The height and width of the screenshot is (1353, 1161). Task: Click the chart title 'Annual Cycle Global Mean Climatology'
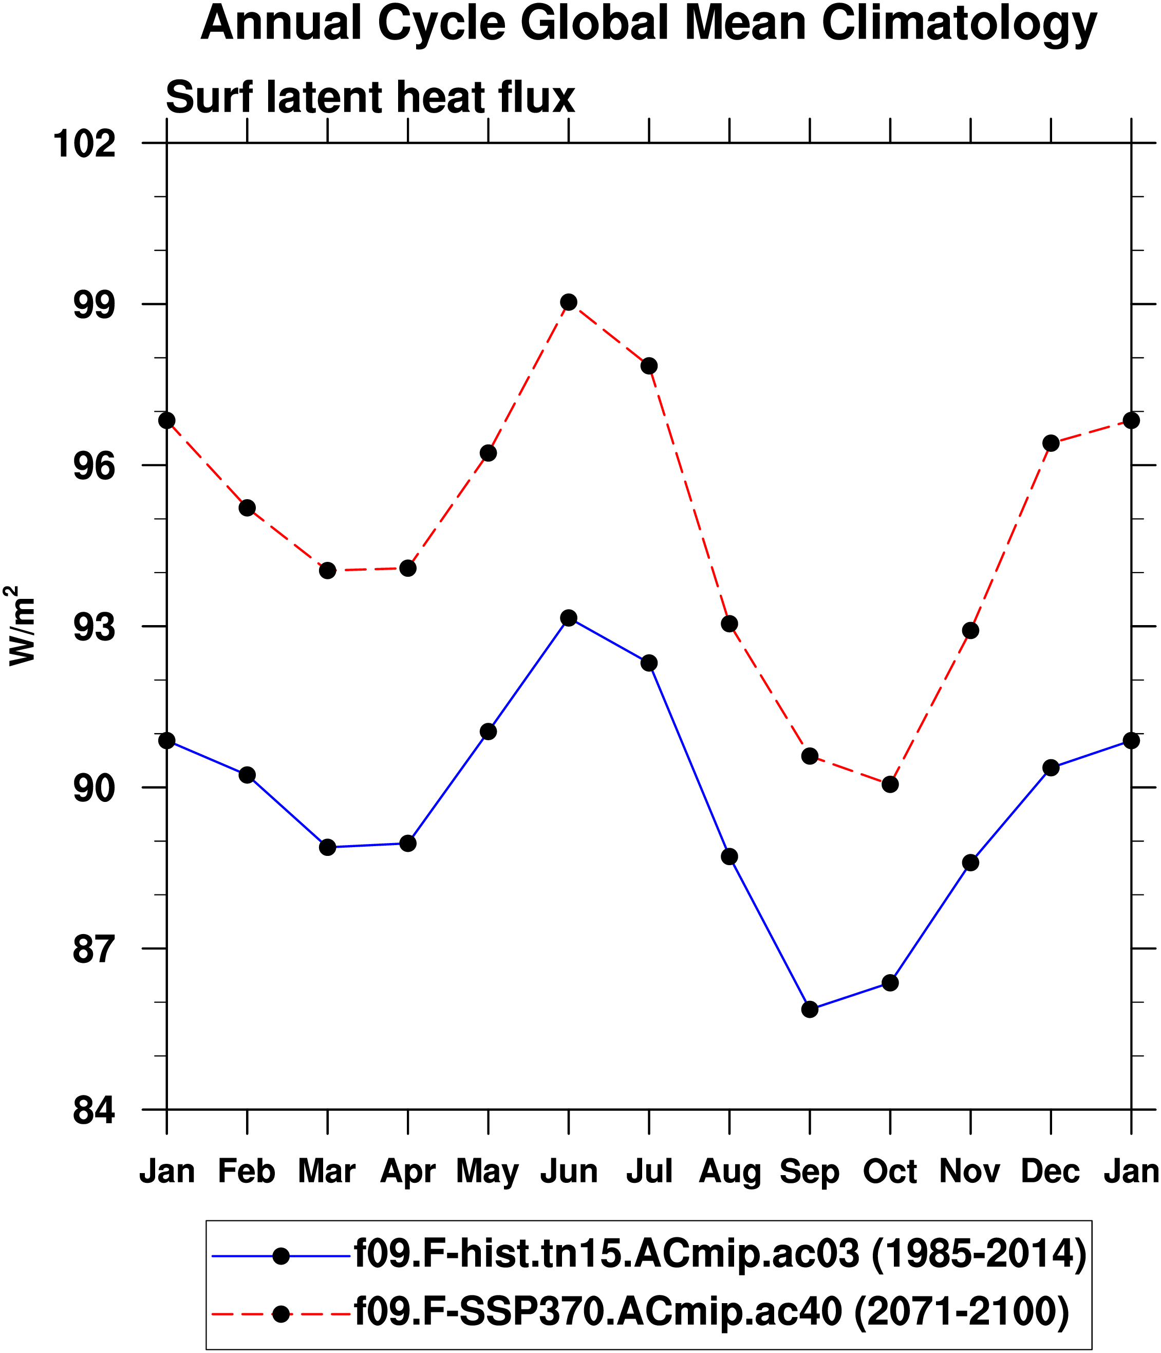[x=649, y=24]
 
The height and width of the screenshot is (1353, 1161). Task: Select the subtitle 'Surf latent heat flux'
[x=370, y=98]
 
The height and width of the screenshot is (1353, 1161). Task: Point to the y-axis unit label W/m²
[x=21, y=626]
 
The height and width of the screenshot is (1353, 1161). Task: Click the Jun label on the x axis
[x=568, y=1172]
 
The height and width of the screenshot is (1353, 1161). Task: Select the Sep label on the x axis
[x=809, y=1172]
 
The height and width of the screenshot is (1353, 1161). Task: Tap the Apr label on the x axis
[x=408, y=1172]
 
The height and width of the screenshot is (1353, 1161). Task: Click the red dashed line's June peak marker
[x=568, y=302]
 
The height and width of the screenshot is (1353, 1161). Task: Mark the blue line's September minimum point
[x=809, y=1009]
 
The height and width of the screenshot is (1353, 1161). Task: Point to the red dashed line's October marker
[x=890, y=784]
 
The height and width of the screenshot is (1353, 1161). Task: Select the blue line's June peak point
[x=568, y=618]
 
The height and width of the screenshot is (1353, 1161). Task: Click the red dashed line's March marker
[x=328, y=571]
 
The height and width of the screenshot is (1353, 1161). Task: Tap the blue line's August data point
[x=729, y=857]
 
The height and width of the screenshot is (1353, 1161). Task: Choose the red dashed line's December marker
[x=1051, y=444]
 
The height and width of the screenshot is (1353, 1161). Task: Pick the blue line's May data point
[x=488, y=732]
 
